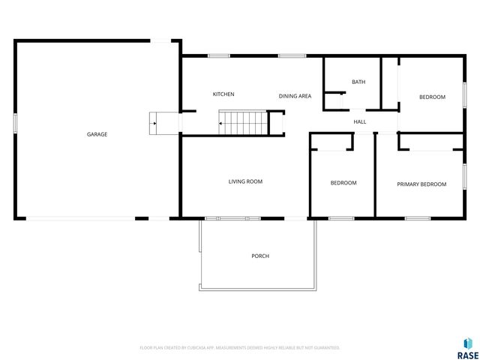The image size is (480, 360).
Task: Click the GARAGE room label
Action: click(97, 134)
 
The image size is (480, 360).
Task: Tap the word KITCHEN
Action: click(223, 94)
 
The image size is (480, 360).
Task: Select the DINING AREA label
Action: click(295, 96)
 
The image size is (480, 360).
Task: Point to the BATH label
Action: click(358, 82)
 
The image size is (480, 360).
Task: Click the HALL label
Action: click(360, 121)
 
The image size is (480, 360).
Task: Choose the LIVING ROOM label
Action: click(245, 181)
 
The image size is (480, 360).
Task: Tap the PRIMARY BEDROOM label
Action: click(421, 184)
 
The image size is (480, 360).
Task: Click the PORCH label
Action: click(260, 256)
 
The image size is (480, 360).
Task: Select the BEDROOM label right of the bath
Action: click(432, 97)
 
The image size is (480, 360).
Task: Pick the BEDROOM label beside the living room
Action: click(343, 183)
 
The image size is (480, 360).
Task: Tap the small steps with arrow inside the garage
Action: click(163, 122)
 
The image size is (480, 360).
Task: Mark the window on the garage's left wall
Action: click(15, 123)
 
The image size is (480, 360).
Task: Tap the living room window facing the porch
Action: click(232, 218)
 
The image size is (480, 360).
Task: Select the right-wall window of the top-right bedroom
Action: click(465, 97)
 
